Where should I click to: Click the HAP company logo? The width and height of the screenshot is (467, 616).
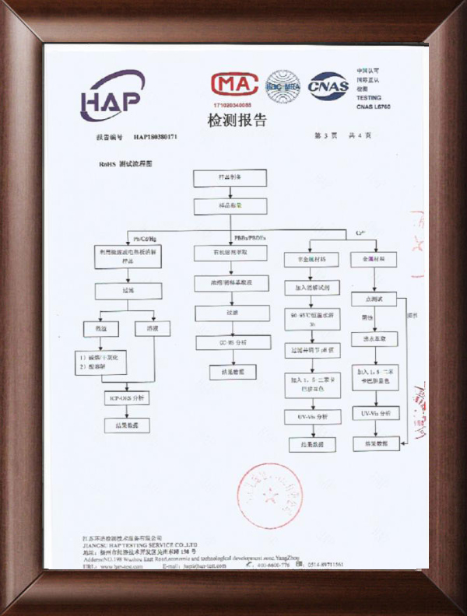point(114,94)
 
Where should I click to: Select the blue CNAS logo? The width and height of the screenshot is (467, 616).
point(328,86)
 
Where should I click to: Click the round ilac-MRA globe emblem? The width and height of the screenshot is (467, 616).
point(283,86)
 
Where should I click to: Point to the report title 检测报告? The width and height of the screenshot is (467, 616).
point(237,121)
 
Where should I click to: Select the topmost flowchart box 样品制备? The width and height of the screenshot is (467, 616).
point(230,177)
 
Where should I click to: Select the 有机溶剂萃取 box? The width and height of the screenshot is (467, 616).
point(231,254)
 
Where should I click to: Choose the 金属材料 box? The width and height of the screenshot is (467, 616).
point(374,257)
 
